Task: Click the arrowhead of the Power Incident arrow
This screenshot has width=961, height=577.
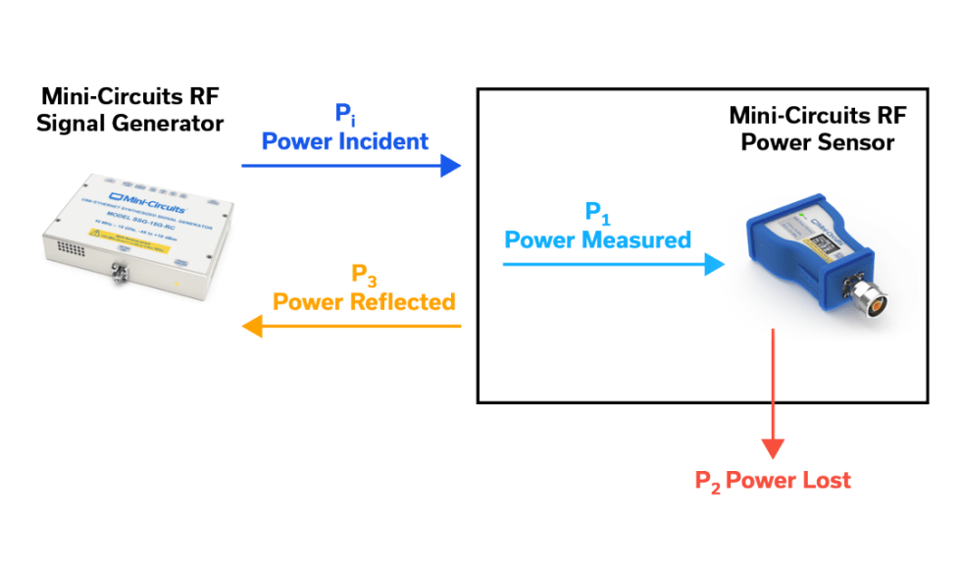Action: pyautogui.click(x=450, y=165)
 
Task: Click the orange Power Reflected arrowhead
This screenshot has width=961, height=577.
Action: pyautogui.click(x=253, y=326)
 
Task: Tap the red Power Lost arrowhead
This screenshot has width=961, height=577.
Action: pyautogui.click(x=775, y=447)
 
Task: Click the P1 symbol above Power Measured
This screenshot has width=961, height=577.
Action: pyautogui.click(x=596, y=213)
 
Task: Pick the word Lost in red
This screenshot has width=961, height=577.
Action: pyautogui.click(x=829, y=480)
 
